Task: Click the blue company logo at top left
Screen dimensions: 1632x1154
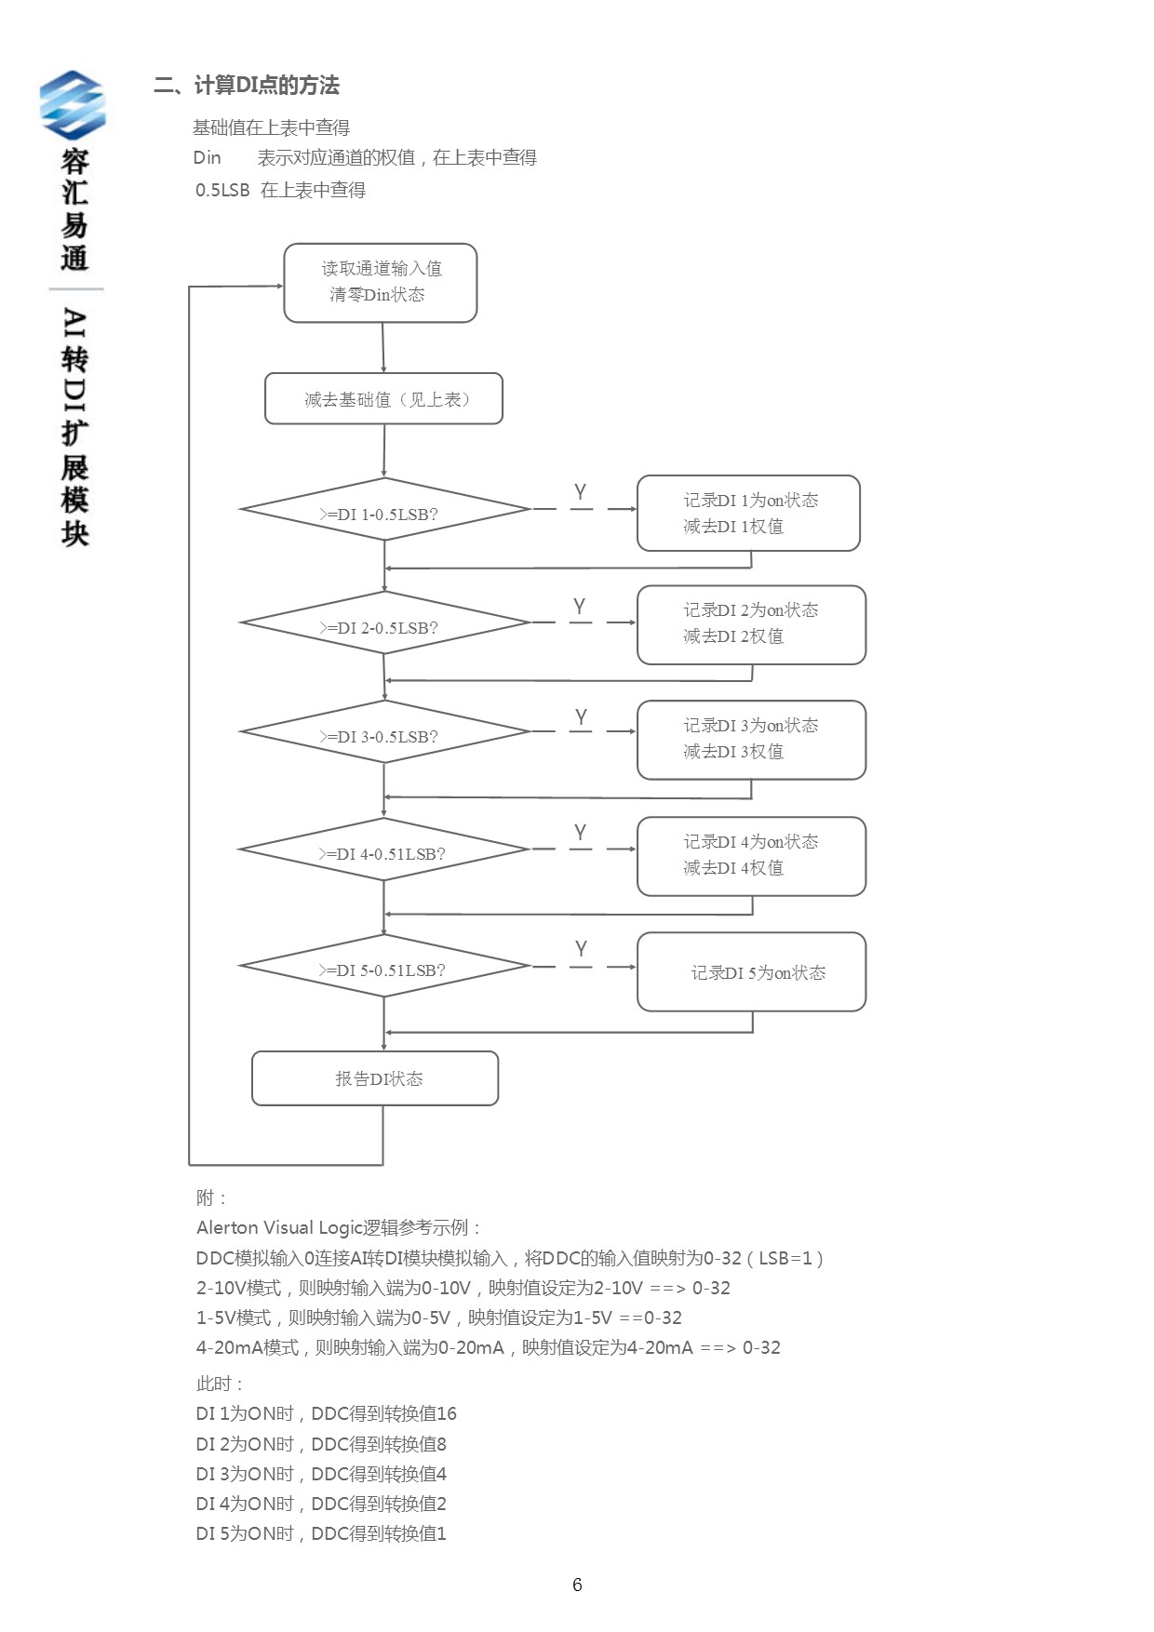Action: click(x=72, y=104)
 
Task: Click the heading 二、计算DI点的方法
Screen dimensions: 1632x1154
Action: click(x=247, y=86)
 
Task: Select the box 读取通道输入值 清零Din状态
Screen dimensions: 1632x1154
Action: click(x=381, y=283)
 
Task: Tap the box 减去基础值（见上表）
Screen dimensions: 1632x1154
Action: click(x=383, y=399)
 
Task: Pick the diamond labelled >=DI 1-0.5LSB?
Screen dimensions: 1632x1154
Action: click(x=383, y=510)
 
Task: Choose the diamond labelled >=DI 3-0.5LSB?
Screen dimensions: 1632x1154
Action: click(x=383, y=732)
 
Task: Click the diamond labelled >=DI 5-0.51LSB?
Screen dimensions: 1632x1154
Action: click(x=383, y=966)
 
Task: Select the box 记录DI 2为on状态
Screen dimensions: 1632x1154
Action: click(x=751, y=624)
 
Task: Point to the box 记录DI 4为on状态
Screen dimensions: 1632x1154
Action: click(x=751, y=856)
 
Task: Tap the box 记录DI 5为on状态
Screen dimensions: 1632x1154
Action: click(x=751, y=972)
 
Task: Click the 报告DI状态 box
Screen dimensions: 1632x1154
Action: click(x=375, y=1078)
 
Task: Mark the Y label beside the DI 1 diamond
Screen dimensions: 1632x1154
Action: click(x=580, y=492)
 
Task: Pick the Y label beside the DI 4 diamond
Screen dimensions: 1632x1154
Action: click(x=580, y=833)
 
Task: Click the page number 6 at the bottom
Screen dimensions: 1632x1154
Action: click(x=577, y=1585)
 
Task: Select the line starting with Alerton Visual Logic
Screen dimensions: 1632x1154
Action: click(x=339, y=1227)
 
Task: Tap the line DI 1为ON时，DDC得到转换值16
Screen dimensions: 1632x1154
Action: click(x=326, y=1413)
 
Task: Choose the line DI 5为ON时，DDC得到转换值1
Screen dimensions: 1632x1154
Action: click(x=321, y=1533)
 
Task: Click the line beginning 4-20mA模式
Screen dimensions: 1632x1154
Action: click(x=488, y=1347)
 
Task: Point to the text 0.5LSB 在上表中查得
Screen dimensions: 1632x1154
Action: click(x=280, y=190)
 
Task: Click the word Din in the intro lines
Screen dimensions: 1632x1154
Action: click(x=207, y=157)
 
